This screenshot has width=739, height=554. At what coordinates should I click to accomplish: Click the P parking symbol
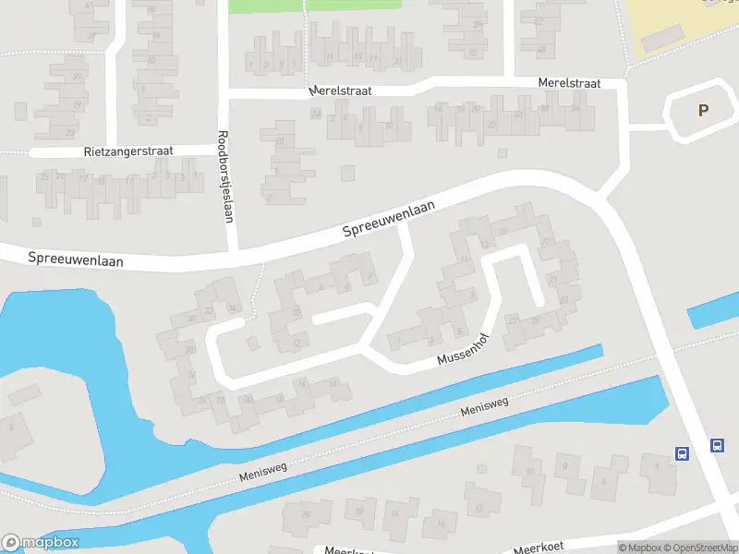703,110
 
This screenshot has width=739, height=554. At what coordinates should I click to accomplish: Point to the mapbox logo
40,542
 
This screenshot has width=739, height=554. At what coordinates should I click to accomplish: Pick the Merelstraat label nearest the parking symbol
569,83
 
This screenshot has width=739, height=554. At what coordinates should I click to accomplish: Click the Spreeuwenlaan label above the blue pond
76,259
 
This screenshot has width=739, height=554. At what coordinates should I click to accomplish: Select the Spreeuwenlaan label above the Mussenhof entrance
388,220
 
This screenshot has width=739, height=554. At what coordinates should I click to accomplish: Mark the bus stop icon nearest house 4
682,453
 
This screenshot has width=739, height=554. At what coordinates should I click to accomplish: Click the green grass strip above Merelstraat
314,6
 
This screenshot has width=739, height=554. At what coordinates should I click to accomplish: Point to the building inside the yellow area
658,39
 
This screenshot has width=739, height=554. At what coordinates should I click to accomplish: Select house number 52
539,19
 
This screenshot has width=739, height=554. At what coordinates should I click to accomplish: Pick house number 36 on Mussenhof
191,319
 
